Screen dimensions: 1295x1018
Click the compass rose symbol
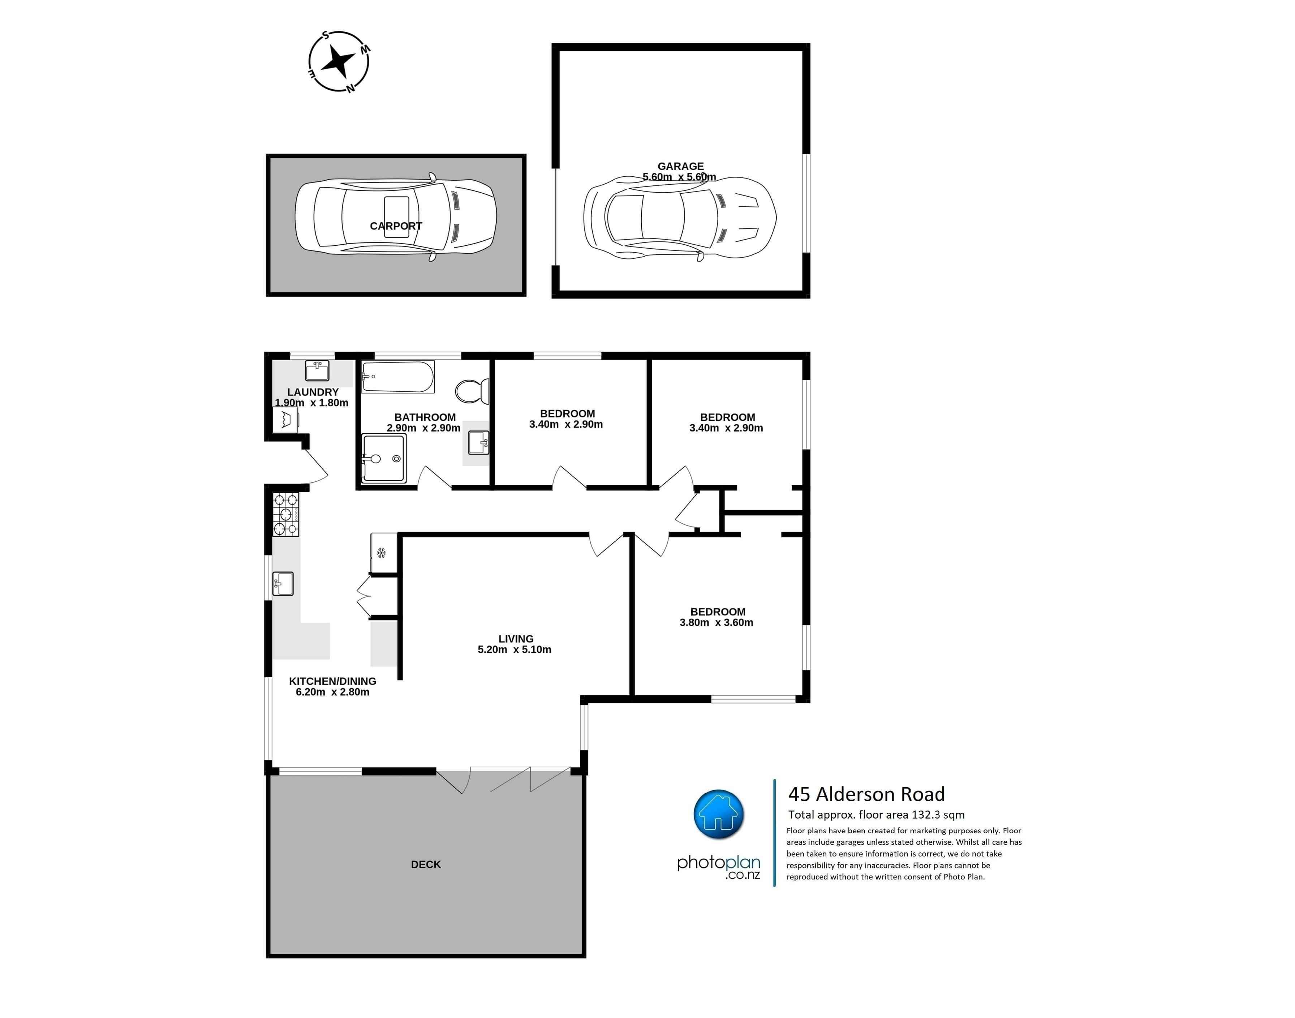[339, 61]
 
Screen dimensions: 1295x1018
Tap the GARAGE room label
[681, 166]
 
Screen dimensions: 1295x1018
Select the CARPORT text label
[396, 226]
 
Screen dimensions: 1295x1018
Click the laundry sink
[317, 370]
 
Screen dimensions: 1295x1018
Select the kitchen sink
[283, 584]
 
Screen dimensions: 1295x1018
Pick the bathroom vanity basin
[478, 443]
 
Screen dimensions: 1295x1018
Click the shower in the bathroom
[384, 458]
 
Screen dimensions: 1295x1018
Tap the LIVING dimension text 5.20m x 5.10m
[514, 650]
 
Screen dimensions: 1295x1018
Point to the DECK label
[426, 864]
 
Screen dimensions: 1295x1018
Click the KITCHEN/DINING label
[332, 681]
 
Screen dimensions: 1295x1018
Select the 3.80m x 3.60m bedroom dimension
[716, 622]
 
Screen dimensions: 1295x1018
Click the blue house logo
[719, 814]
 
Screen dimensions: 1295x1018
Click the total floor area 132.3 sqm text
[877, 815]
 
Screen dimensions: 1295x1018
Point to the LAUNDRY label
[313, 392]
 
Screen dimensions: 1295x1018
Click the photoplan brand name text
[719, 863]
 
